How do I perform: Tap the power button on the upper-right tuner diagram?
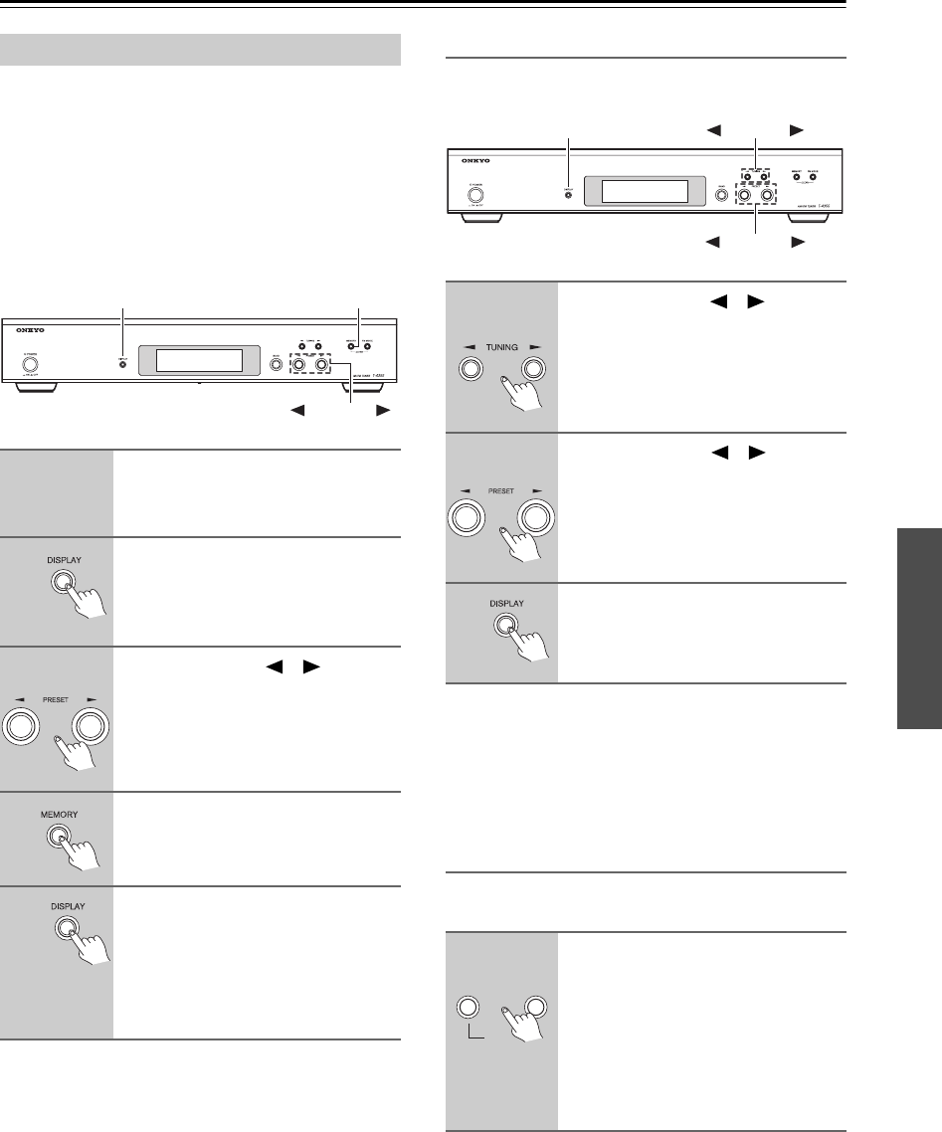point(475,195)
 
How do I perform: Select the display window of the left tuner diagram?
point(191,361)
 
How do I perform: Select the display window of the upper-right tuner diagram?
point(636,191)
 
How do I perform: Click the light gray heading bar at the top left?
point(203,47)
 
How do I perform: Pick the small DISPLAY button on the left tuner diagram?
point(122,363)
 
